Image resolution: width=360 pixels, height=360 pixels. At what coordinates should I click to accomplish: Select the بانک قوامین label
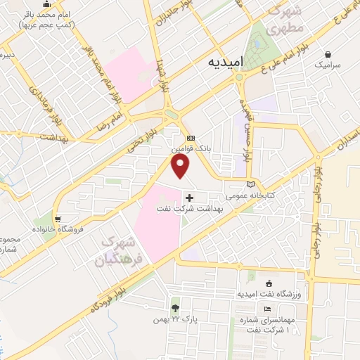click(191, 149)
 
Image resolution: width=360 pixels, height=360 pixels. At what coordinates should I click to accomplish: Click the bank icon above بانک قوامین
click(191, 139)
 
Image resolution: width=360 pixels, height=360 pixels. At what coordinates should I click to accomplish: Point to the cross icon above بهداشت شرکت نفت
click(189, 198)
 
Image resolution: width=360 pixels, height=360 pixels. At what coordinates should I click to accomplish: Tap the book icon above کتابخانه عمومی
click(251, 184)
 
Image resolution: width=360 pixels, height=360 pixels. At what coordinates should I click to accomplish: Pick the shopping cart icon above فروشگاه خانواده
click(58, 219)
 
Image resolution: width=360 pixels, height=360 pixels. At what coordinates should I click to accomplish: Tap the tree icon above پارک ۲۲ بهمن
click(174, 308)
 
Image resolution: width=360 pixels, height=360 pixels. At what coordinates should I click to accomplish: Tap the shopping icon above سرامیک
click(328, 53)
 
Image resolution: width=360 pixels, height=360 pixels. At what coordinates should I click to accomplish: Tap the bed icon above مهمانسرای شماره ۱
click(267, 309)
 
